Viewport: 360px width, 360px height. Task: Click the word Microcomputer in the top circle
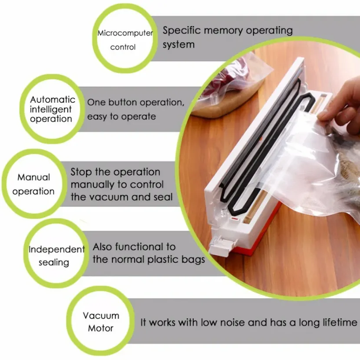coord(125,33)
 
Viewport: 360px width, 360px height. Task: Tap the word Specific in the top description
coord(182,30)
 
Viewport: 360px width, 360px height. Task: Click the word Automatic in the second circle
coord(53,100)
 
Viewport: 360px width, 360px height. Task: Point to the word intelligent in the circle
coord(50,110)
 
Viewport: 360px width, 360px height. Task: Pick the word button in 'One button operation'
coord(123,102)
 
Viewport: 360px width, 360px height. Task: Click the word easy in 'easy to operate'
coord(97,117)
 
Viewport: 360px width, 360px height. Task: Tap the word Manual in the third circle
coord(33,177)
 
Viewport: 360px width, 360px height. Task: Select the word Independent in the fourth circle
coord(57,250)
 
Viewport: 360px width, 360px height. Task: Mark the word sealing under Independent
coord(54,263)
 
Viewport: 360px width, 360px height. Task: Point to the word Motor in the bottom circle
coord(101,328)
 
